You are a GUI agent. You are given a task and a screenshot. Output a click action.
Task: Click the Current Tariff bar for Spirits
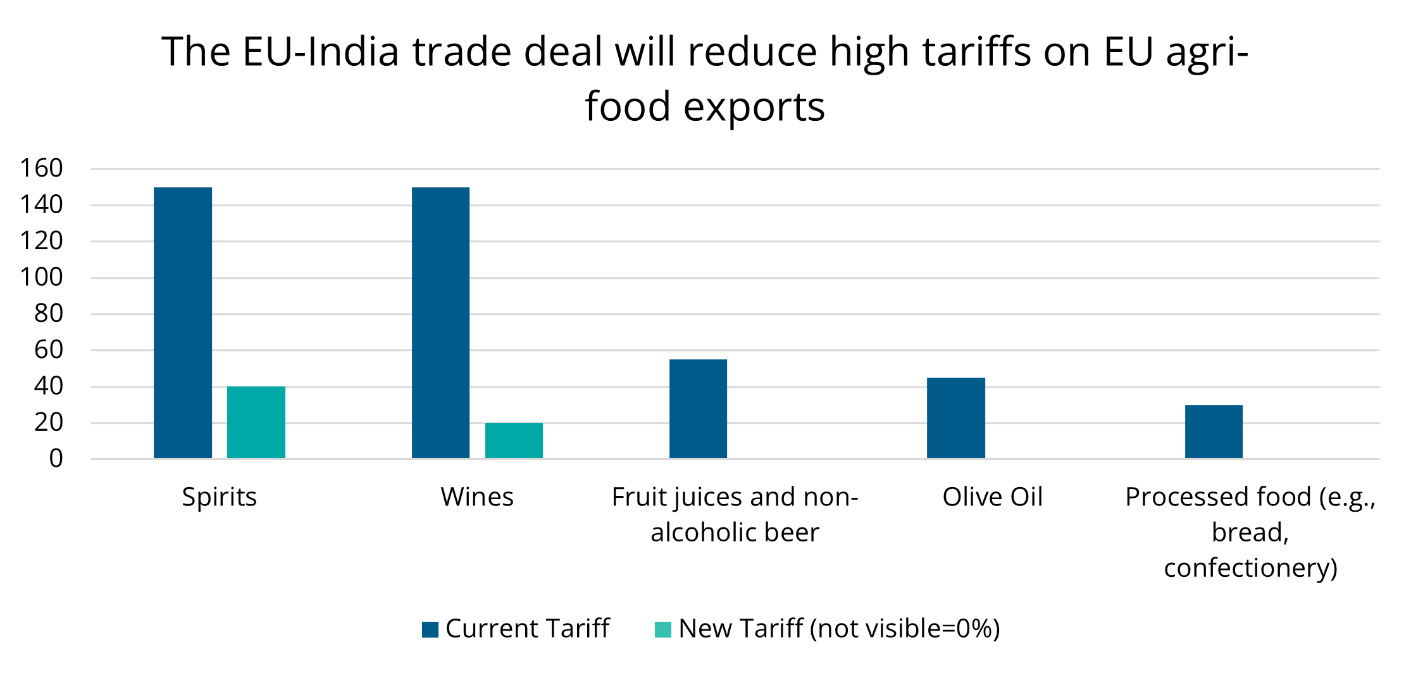[183, 323]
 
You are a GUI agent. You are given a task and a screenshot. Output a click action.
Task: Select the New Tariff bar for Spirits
[256, 422]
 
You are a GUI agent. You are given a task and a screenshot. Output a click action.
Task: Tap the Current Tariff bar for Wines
[440, 323]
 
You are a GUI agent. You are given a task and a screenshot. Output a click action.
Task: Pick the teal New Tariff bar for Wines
[514, 440]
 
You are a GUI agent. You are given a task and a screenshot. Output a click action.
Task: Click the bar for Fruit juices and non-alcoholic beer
[698, 409]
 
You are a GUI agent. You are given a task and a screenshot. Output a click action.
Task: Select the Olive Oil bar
[955, 417]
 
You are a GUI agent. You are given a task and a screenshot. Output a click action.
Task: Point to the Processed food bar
[1214, 431]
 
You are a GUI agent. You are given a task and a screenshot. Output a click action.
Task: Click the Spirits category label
[220, 497]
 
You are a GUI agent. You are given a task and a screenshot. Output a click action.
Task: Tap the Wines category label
[477, 497]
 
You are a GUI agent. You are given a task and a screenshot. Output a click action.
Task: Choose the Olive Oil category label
[992, 497]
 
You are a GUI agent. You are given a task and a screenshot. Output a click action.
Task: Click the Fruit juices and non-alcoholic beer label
[735, 514]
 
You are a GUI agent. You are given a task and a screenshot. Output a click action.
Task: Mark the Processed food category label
[1250, 532]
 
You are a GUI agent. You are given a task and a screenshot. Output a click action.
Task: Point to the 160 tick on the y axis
[42, 168]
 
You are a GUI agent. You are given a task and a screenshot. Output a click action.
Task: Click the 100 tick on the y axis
[42, 277]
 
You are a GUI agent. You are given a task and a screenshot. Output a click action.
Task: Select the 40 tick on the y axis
[49, 386]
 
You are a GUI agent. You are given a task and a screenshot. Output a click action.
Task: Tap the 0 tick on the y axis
[56, 459]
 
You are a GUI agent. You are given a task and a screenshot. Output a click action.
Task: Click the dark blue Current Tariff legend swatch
[430, 629]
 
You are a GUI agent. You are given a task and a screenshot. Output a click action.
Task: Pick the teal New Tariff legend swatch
[663, 629]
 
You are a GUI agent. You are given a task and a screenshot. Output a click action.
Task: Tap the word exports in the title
[754, 106]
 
